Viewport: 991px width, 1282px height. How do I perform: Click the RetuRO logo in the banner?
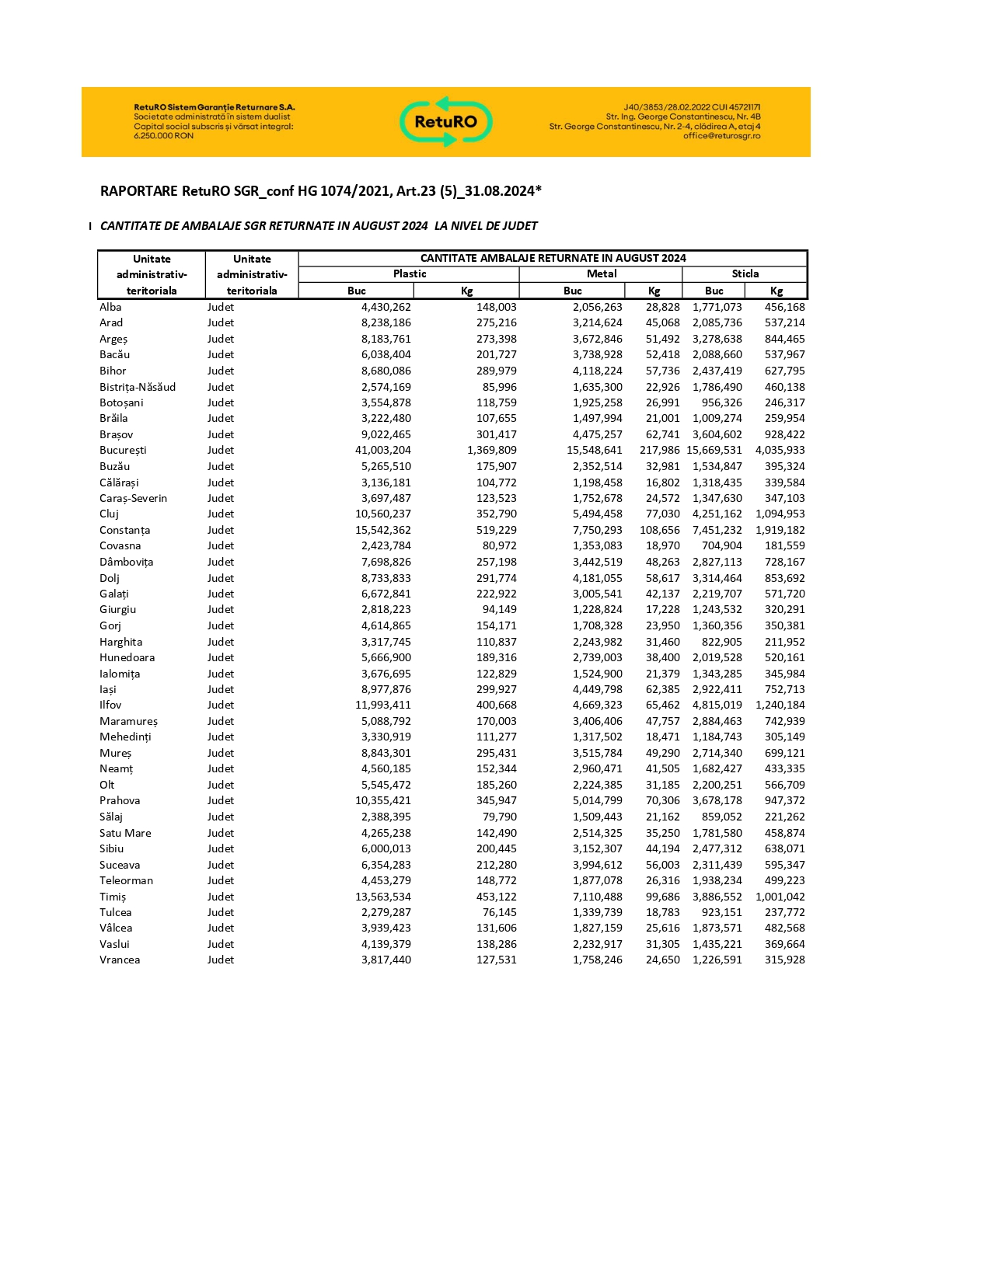(x=446, y=121)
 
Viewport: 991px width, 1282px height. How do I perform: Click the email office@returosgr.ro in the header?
(x=721, y=136)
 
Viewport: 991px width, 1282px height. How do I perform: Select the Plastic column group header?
(x=410, y=273)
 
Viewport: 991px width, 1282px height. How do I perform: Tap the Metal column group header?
(x=602, y=273)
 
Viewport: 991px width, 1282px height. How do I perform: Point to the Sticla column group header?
(x=745, y=273)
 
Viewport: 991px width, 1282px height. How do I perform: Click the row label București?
(x=123, y=450)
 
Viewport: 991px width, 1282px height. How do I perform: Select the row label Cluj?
(x=109, y=514)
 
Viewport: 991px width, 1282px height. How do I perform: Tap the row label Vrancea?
(x=120, y=960)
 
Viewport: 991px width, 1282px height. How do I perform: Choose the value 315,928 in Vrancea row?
(x=784, y=960)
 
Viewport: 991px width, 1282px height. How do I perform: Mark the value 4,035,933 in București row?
(x=780, y=450)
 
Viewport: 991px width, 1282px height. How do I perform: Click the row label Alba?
(x=110, y=307)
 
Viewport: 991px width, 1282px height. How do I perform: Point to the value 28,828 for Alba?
(x=662, y=307)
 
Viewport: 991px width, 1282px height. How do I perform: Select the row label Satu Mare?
(x=125, y=833)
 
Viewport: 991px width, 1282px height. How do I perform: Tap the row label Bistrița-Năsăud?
(x=138, y=387)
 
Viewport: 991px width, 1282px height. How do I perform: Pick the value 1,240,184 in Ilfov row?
(x=780, y=705)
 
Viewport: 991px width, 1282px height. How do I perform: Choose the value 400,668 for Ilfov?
(x=496, y=705)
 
